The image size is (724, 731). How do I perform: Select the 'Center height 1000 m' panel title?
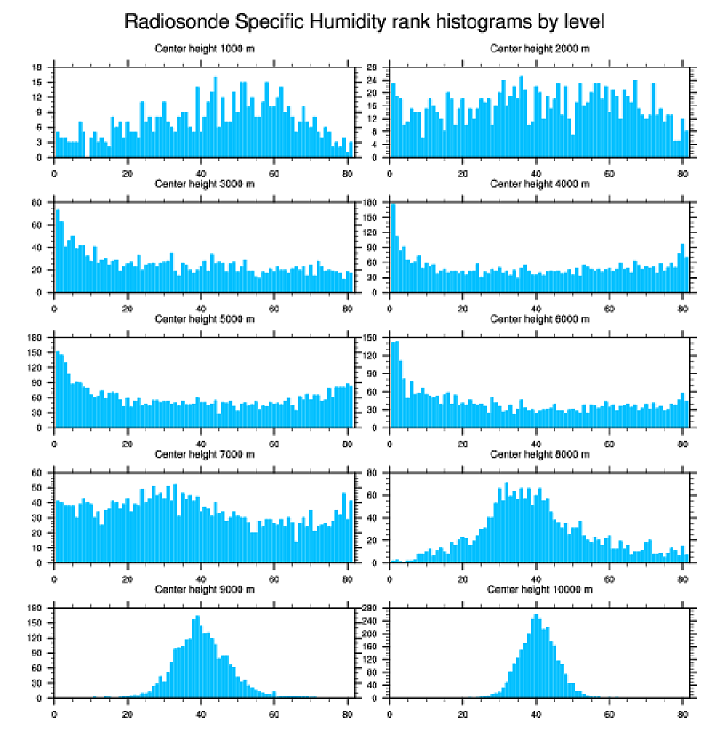204,49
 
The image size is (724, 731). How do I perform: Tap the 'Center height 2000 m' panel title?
539,49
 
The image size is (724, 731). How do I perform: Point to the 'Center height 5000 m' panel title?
204,319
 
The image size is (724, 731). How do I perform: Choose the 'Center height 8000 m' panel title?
539,454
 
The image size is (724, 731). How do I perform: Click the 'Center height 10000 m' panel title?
539,589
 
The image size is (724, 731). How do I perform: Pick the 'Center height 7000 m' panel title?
204,454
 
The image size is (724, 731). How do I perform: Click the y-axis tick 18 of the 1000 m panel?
37,67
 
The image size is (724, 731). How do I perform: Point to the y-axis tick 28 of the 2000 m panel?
374,67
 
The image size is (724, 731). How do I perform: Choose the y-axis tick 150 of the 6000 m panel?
374,338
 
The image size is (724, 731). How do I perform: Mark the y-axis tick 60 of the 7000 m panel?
37,473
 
